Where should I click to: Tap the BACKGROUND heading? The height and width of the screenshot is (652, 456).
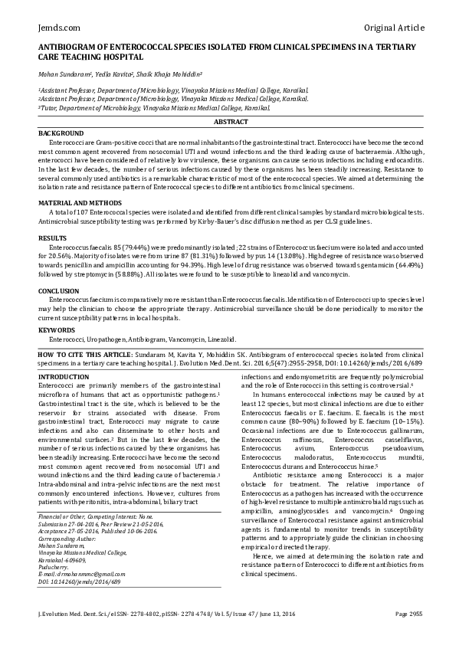coord(61,133)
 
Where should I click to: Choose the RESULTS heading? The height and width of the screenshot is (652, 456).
coord(53,238)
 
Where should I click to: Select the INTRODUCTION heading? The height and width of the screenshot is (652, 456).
coord(64,378)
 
